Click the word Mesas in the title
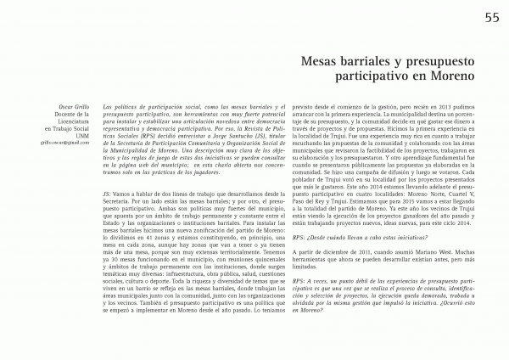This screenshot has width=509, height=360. click(325, 62)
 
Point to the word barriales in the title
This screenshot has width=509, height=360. click(375, 62)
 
